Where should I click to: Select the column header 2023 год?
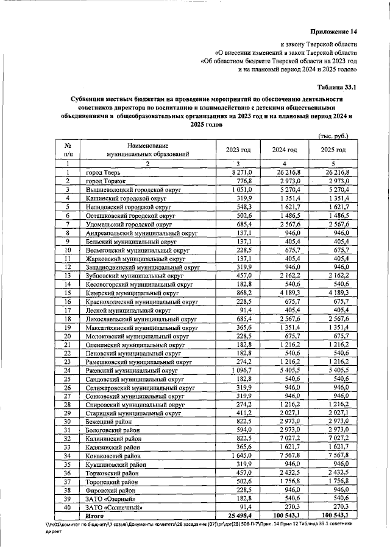238,150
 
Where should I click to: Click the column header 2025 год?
333,150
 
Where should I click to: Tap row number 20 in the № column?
68,335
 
